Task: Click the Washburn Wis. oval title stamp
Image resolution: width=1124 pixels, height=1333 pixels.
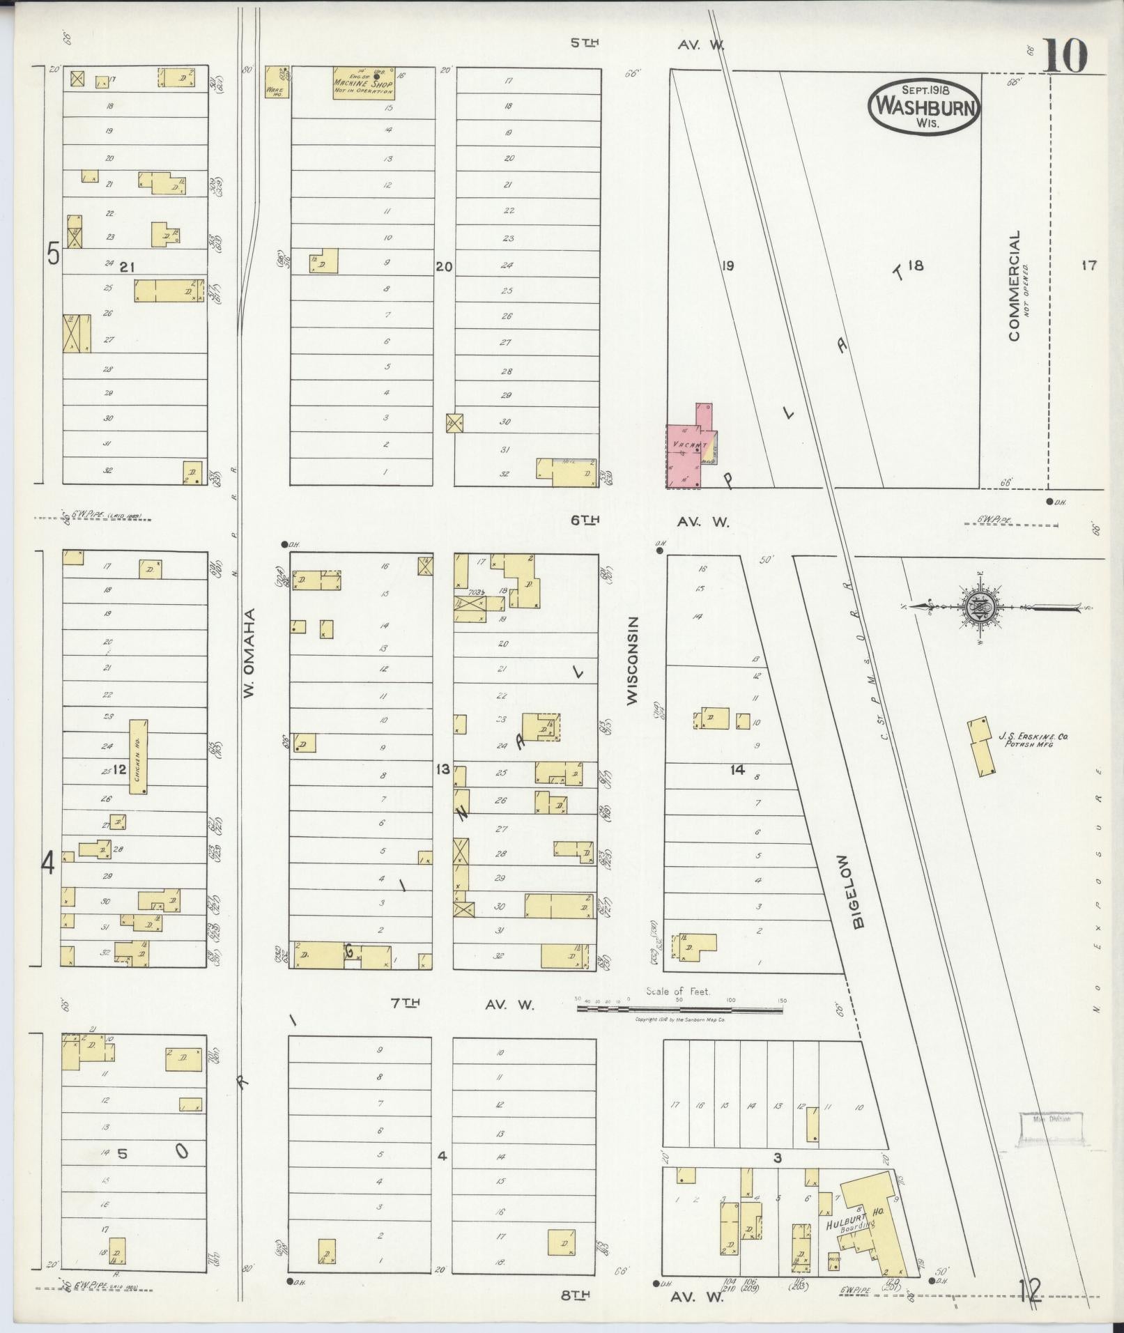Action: pyautogui.click(x=924, y=106)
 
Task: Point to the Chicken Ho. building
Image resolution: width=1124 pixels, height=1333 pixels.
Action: pyautogui.click(x=139, y=757)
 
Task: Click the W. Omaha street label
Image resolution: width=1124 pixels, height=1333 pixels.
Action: pyautogui.click(x=248, y=652)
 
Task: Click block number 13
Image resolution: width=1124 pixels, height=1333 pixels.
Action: pyautogui.click(x=442, y=769)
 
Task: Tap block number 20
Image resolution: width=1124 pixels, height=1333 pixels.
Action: pyautogui.click(x=445, y=266)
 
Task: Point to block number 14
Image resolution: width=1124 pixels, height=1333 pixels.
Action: pyautogui.click(x=738, y=769)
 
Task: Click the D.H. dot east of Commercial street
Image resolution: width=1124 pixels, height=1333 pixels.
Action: pyautogui.click(x=1049, y=501)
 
